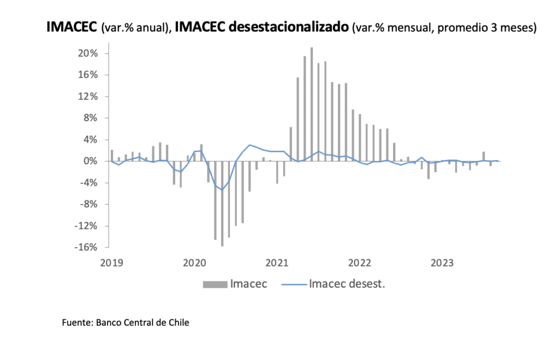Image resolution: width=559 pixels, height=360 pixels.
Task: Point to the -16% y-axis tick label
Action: click(87, 247)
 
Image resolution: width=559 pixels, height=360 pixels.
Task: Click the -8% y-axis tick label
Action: click(88, 204)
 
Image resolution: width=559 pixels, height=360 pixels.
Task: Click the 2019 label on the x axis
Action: click(111, 263)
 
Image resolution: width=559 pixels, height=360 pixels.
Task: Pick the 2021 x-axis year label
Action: click(277, 263)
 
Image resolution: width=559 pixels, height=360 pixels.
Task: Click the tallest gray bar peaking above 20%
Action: click(312, 104)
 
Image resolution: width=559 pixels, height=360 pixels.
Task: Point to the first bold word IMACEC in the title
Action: click(72, 27)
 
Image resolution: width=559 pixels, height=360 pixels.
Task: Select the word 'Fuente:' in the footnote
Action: click(77, 323)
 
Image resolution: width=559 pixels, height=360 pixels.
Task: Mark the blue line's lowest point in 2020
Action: click(222, 190)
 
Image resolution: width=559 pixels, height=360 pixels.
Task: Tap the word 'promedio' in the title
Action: click(459, 27)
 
